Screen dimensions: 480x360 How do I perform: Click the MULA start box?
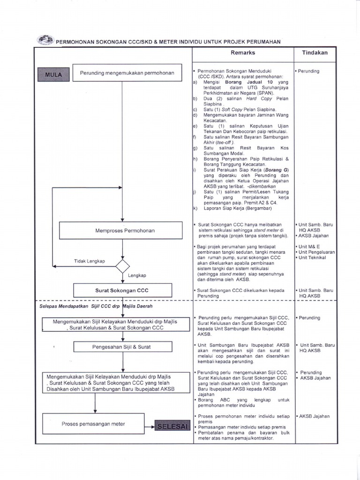[x=53, y=74]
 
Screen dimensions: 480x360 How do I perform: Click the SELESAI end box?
[x=172, y=426]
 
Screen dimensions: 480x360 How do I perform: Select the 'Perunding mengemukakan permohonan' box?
[x=127, y=73]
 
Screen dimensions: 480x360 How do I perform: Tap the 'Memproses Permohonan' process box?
[x=121, y=231]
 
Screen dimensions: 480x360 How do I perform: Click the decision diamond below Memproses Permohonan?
[x=122, y=266]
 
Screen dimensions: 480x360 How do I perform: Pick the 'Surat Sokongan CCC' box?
[x=122, y=291]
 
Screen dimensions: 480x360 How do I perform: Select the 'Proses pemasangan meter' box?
[x=93, y=424]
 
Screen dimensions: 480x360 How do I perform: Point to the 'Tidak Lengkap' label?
[x=90, y=261]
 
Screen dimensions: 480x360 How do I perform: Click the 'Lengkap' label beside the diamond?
[x=137, y=275]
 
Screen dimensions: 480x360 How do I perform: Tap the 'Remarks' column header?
[x=243, y=53]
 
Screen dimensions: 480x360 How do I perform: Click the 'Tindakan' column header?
[x=315, y=53]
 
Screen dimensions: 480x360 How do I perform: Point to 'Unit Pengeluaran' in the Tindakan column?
[x=316, y=252]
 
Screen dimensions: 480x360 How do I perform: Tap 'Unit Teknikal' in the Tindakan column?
[x=313, y=258]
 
